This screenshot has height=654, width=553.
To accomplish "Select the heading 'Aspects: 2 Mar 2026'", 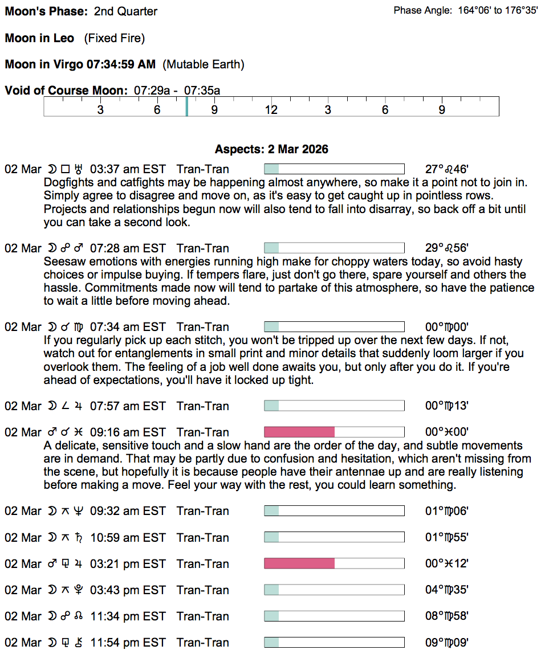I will (x=271, y=149).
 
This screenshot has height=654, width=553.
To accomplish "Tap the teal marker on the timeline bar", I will (x=186, y=107).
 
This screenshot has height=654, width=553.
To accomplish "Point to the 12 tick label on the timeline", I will (x=271, y=109).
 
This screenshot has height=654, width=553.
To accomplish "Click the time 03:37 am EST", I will (x=128, y=169).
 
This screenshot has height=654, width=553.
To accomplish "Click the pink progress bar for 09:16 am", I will (x=299, y=432).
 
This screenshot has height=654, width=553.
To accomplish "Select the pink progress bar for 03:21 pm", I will (x=299, y=564).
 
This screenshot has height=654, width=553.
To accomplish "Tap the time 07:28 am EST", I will (x=128, y=248).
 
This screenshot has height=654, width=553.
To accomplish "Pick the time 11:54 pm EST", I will (x=128, y=643).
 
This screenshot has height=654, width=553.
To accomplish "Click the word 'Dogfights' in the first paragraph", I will (x=68, y=183).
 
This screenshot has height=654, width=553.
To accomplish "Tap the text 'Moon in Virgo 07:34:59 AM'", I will (x=80, y=64).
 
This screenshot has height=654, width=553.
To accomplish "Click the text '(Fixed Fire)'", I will (x=115, y=38).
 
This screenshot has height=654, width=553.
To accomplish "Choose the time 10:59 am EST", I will (x=128, y=538).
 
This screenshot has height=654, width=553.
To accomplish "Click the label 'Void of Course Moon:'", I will (x=66, y=91).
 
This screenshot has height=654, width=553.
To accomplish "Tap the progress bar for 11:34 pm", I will (x=334, y=616).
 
